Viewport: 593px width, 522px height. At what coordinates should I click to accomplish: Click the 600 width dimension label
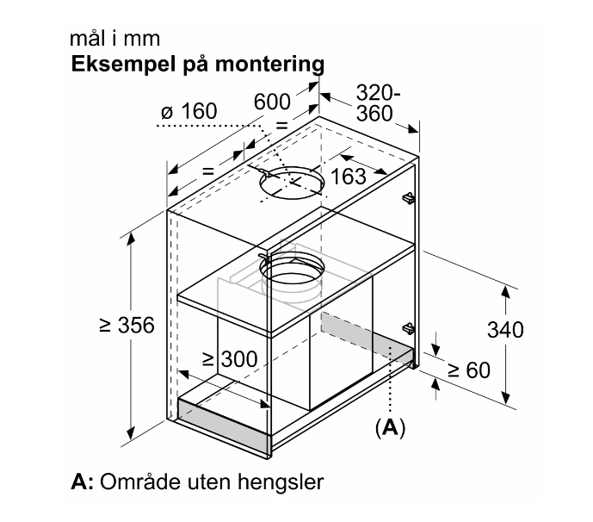(x=272, y=102)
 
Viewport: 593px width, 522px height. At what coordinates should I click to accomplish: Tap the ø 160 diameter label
(x=189, y=111)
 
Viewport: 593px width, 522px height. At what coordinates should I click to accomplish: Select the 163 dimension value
(x=349, y=177)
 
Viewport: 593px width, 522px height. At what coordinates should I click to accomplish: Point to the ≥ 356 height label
(x=127, y=325)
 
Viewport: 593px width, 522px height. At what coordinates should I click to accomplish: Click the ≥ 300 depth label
(x=230, y=359)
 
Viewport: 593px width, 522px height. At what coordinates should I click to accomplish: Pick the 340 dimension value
(x=505, y=330)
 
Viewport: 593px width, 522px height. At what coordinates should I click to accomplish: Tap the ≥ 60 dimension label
(x=469, y=370)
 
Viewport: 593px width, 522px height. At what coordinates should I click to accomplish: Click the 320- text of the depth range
(x=378, y=93)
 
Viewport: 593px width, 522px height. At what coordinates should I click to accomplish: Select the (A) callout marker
(x=390, y=428)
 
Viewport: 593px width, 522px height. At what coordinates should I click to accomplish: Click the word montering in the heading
(x=269, y=65)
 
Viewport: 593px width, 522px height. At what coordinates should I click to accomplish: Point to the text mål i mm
(x=115, y=39)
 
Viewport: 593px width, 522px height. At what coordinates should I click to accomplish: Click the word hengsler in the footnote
(x=281, y=482)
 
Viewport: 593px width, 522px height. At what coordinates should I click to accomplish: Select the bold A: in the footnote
(x=82, y=482)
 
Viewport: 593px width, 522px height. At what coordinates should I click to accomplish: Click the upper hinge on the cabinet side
(x=409, y=197)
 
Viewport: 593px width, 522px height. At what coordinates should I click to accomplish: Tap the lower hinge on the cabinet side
(x=409, y=328)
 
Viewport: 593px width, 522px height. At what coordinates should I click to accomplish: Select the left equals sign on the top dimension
(x=208, y=171)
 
